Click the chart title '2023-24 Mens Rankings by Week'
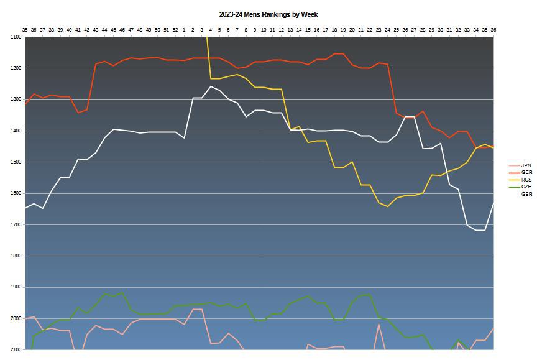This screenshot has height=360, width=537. click(268, 14)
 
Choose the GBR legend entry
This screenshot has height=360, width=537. click(526, 194)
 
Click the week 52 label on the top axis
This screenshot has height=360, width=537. click(175, 29)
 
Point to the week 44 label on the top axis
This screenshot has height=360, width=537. click(104, 29)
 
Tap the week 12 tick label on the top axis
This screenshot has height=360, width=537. click(281, 29)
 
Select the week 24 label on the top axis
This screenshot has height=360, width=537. click(387, 29)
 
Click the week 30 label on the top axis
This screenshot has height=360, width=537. click(441, 29)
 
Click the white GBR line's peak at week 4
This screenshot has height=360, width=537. click(211, 86)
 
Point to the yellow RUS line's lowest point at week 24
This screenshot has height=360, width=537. click(387, 206)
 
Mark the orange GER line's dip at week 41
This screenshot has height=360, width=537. click(78, 113)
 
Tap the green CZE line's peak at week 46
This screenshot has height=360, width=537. click(122, 292)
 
